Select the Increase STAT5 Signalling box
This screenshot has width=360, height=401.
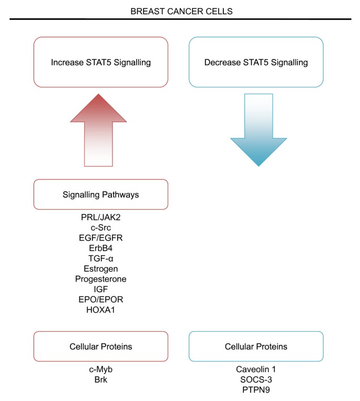pyautogui.click(x=101, y=63)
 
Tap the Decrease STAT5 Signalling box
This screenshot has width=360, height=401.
pyautogui.click(x=256, y=63)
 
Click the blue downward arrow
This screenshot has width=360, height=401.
pyautogui.click(x=259, y=131)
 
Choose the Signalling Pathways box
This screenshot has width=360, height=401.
pyautogui.click(x=101, y=194)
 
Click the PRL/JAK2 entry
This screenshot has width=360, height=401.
pyautogui.click(x=101, y=217)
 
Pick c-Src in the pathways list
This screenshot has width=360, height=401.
pyautogui.click(x=101, y=227)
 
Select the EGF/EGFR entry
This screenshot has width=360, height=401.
pyautogui.click(x=101, y=238)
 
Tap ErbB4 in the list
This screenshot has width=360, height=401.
pyautogui.click(x=101, y=248)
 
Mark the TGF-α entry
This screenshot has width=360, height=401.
pyautogui.click(x=101, y=258)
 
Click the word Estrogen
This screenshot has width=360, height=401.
pyautogui.click(x=101, y=269)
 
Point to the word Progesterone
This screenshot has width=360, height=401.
pyautogui.click(x=101, y=279)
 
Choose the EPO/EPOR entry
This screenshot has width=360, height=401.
pyautogui.click(x=101, y=300)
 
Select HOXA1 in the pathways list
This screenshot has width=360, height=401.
pyautogui.click(x=101, y=310)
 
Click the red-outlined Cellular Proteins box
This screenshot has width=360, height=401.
pyautogui.click(x=101, y=346)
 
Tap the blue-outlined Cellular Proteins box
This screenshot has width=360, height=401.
pyautogui.click(x=256, y=346)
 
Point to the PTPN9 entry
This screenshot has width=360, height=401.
pyautogui.click(x=256, y=389)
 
